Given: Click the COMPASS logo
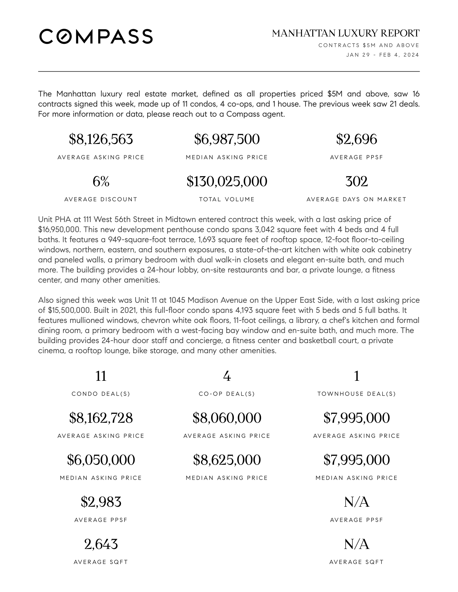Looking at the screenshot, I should pyautogui.click(x=96, y=37).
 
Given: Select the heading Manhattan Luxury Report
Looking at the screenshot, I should pyautogui.click(x=345, y=33).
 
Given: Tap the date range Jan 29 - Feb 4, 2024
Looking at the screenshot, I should pyautogui.click(x=382, y=55).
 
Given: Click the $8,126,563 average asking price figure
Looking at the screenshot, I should pyautogui.click(x=101, y=139).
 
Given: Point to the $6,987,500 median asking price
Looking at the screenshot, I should pyautogui.click(x=227, y=139).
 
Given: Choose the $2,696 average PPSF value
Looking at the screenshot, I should pyautogui.click(x=356, y=139).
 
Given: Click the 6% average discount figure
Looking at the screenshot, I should pyautogui.click(x=101, y=181).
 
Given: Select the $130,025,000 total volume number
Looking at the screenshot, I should pyautogui.click(x=227, y=181).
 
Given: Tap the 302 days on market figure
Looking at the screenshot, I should pyautogui.click(x=356, y=181).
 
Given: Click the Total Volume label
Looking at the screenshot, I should pyautogui.click(x=227, y=199).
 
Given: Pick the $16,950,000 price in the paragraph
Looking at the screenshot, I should pyautogui.click(x=59, y=230).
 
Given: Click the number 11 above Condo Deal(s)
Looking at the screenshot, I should pyautogui.click(x=101, y=376).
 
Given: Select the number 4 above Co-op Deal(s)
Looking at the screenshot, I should pyautogui.click(x=227, y=376).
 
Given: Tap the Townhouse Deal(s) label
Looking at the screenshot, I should pyautogui.click(x=356, y=394).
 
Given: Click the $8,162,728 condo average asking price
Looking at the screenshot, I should pyautogui.click(x=101, y=418).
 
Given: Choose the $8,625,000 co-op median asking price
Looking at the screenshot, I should pyautogui.click(x=227, y=460).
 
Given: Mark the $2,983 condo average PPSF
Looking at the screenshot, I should pyautogui.click(x=101, y=502).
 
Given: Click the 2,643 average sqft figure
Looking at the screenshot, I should pyautogui.click(x=101, y=544).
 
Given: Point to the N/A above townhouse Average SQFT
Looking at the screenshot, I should pyautogui.click(x=356, y=544).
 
